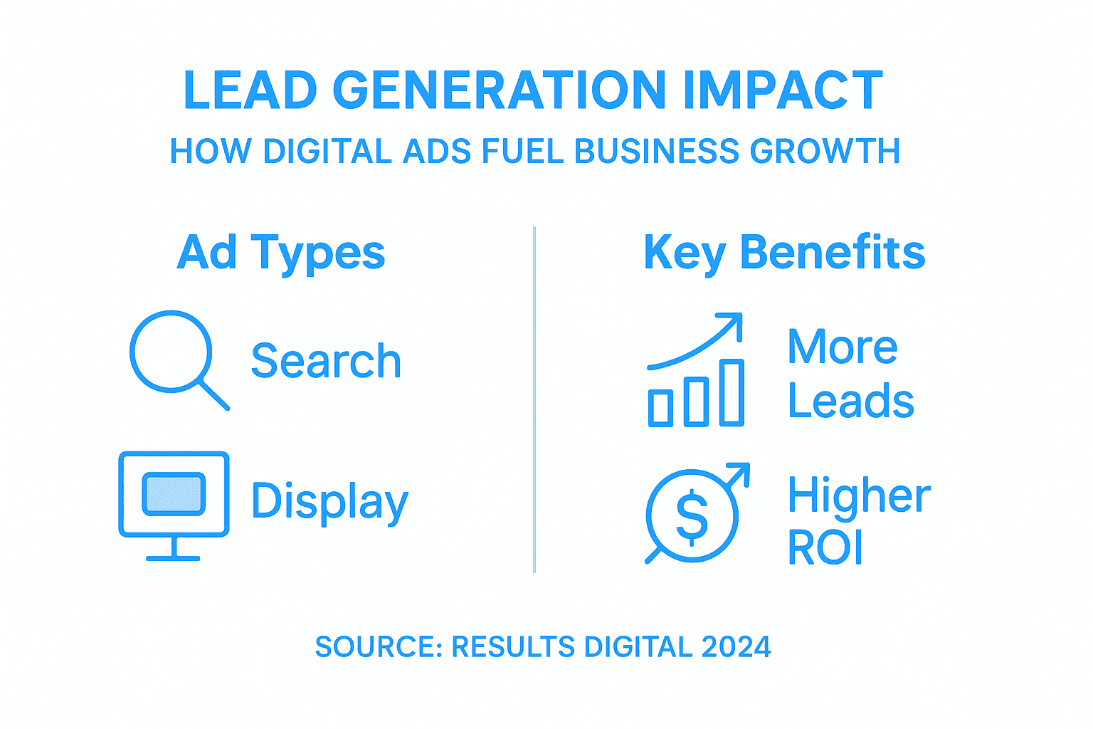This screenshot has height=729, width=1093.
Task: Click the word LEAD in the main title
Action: click(250, 90)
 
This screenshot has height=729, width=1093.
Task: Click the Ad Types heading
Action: click(281, 253)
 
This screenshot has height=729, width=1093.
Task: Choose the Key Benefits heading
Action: click(784, 253)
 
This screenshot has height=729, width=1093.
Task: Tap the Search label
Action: click(326, 361)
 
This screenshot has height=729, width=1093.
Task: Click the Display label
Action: click(329, 502)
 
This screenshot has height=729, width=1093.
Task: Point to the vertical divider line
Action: click(534, 399)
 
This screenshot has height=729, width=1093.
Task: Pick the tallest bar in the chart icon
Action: click(732, 393)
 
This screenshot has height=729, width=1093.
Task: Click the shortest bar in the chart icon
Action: click(660, 408)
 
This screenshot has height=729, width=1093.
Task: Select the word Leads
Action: click(850, 402)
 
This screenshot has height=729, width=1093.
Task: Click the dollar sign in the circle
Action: click(692, 517)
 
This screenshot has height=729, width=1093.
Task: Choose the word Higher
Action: click(859, 495)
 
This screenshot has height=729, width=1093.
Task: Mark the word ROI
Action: click(825, 547)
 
